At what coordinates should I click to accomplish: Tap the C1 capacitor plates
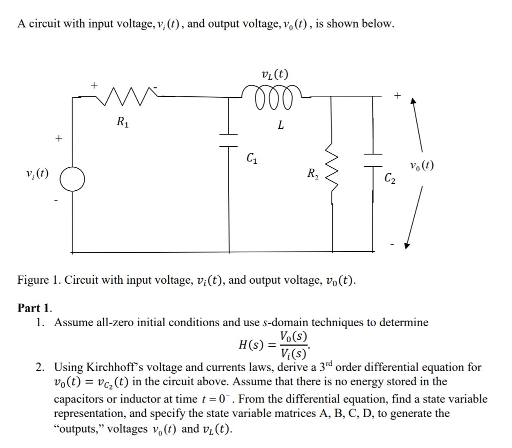pos(228,140)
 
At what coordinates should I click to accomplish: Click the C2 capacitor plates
pos(373,160)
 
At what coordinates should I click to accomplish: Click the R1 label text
pos(123,122)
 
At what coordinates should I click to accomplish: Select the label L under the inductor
pos(280,124)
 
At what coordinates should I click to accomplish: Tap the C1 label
pos(252,158)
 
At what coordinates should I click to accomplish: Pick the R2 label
pos(313,174)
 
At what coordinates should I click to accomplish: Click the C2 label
pos(390,178)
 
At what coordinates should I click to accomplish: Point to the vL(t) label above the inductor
pos(275,75)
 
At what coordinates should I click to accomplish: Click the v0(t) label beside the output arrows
pos(422,166)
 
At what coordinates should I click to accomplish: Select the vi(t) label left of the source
pos(37,173)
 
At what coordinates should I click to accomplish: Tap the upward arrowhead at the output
pos(413,101)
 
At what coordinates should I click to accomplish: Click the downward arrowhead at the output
pos(406,246)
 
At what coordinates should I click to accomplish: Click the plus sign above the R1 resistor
pos(94,85)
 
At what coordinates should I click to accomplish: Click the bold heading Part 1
pos(34,308)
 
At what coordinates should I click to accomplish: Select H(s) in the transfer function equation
pos(251,345)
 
